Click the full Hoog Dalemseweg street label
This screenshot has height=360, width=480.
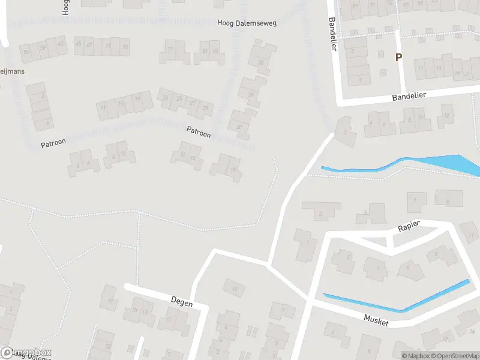247,23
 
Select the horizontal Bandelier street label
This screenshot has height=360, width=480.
409,96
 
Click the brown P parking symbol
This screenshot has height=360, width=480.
397,57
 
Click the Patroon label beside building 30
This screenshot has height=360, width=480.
199,131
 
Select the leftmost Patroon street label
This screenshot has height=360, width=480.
53,143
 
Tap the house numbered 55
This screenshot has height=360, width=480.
26,52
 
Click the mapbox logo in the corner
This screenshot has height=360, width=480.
26,352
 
